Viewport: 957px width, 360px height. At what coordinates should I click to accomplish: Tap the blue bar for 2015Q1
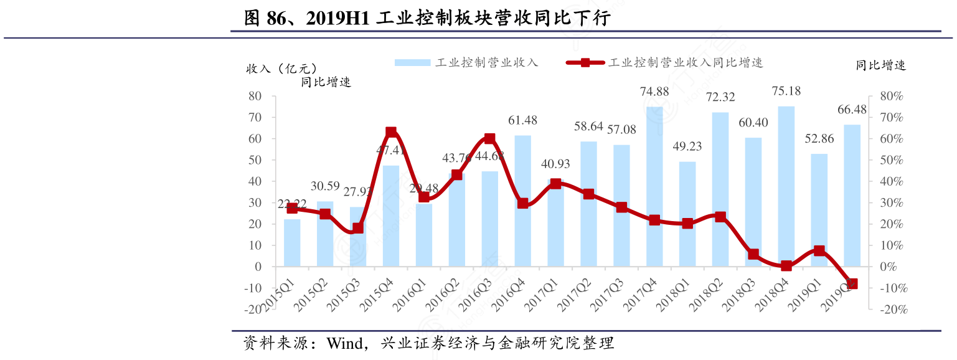pos(292,243)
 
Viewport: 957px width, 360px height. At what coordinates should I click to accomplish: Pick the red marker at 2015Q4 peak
pos(391,132)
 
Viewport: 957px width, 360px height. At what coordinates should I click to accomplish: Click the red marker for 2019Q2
pos(852,283)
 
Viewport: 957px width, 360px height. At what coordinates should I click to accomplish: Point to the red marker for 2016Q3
pos(489,138)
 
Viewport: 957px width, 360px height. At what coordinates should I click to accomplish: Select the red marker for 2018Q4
pos(786,265)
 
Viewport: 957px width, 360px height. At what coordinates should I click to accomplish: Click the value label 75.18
pos(786,92)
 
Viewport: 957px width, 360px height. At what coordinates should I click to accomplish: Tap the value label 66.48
pos(852,110)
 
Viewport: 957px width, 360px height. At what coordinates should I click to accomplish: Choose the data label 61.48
pos(522,120)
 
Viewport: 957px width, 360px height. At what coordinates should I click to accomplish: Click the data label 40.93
pos(555,164)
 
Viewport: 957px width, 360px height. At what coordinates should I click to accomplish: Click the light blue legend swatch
pos(412,62)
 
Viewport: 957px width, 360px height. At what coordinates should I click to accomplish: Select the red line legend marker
pos(585,62)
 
